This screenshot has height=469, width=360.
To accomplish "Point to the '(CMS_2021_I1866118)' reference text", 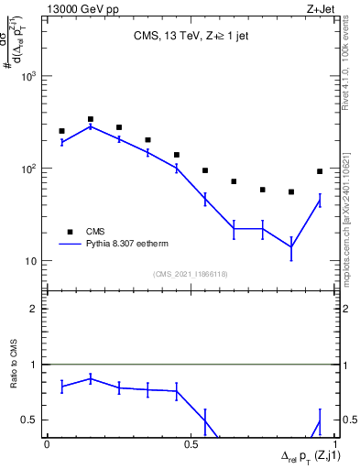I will pyautogui.click(x=190, y=274).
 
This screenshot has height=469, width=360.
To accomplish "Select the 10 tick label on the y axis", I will pyautogui.click(x=31, y=261).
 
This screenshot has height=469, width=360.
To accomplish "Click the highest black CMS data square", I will pyautogui.click(x=91, y=119).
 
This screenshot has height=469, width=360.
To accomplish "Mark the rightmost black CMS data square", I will pyautogui.click(x=320, y=171).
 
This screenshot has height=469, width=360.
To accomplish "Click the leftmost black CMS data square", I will pyautogui.click(x=61, y=131).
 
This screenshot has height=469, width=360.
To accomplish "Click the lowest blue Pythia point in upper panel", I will pyautogui.click(x=291, y=246).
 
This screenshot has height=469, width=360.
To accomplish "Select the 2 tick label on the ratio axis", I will pyautogui.click(x=34, y=309).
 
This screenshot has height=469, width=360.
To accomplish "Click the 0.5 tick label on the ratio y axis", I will pyautogui.click(x=30, y=420).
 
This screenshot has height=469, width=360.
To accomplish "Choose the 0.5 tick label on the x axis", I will pyautogui.click(x=191, y=443).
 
